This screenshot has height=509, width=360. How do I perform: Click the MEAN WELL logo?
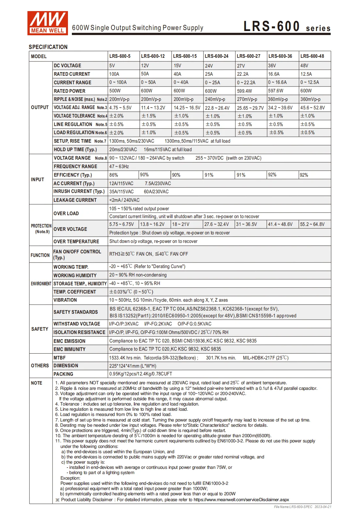tap(47, 23)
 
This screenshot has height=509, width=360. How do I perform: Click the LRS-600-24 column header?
tap(217, 56)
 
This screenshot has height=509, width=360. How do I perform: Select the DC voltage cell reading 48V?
tap(304, 66)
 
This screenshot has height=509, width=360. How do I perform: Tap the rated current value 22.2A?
tap(243, 74)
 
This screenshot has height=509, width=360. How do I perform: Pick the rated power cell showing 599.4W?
tap(244, 91)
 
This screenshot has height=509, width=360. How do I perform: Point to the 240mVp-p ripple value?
tap(215, 99)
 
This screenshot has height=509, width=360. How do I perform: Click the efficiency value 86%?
tap(114, 175)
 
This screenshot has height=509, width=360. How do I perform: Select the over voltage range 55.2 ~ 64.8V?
tap(312, 224)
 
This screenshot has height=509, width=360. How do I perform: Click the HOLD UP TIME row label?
tap(75, 150)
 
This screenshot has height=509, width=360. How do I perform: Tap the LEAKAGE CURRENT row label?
tap(75, 200)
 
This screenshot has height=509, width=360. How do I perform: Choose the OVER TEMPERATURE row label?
tap(76, 242)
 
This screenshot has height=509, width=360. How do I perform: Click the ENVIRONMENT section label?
tap(41, 284)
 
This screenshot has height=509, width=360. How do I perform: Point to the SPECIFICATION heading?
tap(48, 47)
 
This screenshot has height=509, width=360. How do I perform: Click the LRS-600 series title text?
tap(287, 27)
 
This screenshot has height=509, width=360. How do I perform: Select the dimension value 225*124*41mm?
tap(133, 366)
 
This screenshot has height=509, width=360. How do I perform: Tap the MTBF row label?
tap(59, 358)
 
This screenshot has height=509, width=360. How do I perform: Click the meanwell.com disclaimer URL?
tap(241, 500)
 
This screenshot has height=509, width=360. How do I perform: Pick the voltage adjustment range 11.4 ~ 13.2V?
tap(153, 108)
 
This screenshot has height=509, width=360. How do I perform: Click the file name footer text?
tap(303, 507)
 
